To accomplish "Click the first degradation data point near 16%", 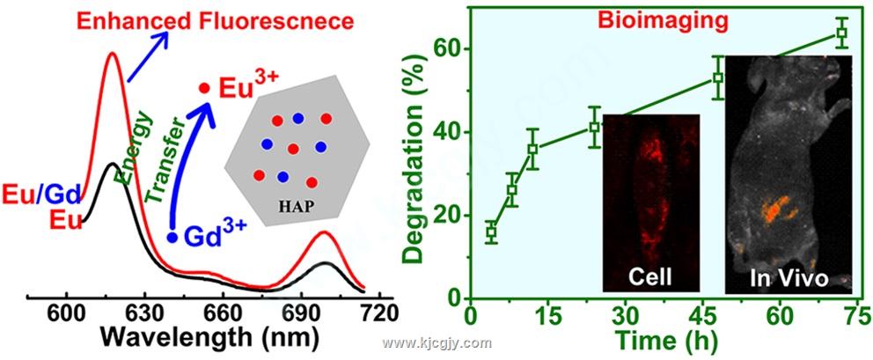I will click(x=491, y=233).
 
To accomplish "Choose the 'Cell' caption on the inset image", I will click(x=649, y=278).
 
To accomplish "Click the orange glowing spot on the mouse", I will click(x=774, y=209).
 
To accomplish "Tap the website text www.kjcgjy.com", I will click(x=436, y=343).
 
